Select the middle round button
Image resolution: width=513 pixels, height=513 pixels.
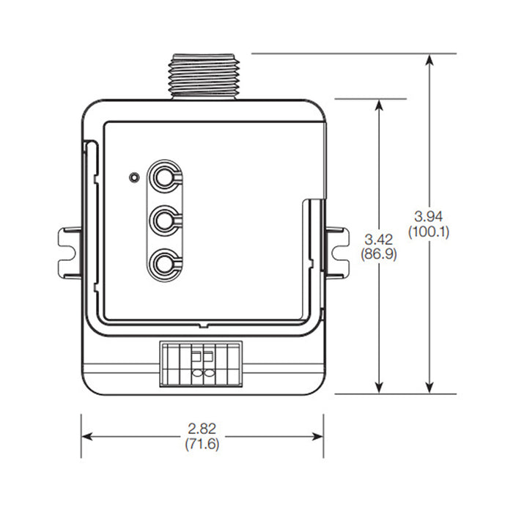[163, 219]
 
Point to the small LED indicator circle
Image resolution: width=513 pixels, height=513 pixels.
[133, 177]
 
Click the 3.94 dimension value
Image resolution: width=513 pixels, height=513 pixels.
[429, 216]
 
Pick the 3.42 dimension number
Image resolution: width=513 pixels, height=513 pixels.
[379, 239]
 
